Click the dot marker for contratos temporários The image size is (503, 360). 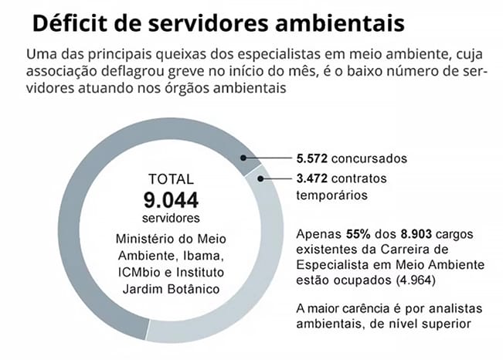(x=262, y=179)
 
